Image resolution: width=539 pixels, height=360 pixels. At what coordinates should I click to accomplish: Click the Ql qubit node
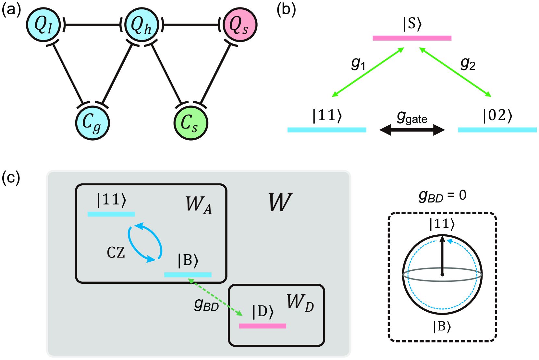[x=43, y=25]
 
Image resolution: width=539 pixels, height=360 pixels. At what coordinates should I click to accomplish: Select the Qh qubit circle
[x=141, y=25]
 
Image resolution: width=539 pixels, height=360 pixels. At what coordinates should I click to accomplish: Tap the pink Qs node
[x=240, y=25]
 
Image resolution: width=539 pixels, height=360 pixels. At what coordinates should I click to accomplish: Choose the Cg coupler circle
[x=92, y=123]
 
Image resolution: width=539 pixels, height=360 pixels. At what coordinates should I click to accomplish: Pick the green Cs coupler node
[x=191, y=123]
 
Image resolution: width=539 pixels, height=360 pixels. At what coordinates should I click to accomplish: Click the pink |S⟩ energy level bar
[x=412, y=38]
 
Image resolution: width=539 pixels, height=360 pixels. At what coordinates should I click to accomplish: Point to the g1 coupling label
[x=358, y=64]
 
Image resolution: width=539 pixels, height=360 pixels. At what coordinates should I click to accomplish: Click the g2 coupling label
[x=468, y=64]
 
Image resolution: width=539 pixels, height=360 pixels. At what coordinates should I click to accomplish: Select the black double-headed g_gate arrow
[x=412, y=130]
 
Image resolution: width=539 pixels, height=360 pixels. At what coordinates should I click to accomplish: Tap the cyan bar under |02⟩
[x=497, y=130]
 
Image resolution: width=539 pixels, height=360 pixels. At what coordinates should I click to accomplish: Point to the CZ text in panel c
[x=116, y=253]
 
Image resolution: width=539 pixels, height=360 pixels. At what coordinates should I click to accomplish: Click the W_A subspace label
[x=199, y=205]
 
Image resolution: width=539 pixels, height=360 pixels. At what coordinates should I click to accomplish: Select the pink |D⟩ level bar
[x=263, y=326]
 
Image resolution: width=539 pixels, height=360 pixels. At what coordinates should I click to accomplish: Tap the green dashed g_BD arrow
[x=215, y=297]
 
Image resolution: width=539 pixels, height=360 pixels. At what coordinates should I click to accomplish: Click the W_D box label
[x=300, y=303]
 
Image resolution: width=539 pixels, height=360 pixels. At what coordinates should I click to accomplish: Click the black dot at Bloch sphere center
[x=442, y=275]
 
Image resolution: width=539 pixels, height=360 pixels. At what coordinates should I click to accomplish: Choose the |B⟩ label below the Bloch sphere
[x=442, y=327]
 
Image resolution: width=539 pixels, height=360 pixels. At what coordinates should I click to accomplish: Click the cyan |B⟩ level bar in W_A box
[x=188, y=275]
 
